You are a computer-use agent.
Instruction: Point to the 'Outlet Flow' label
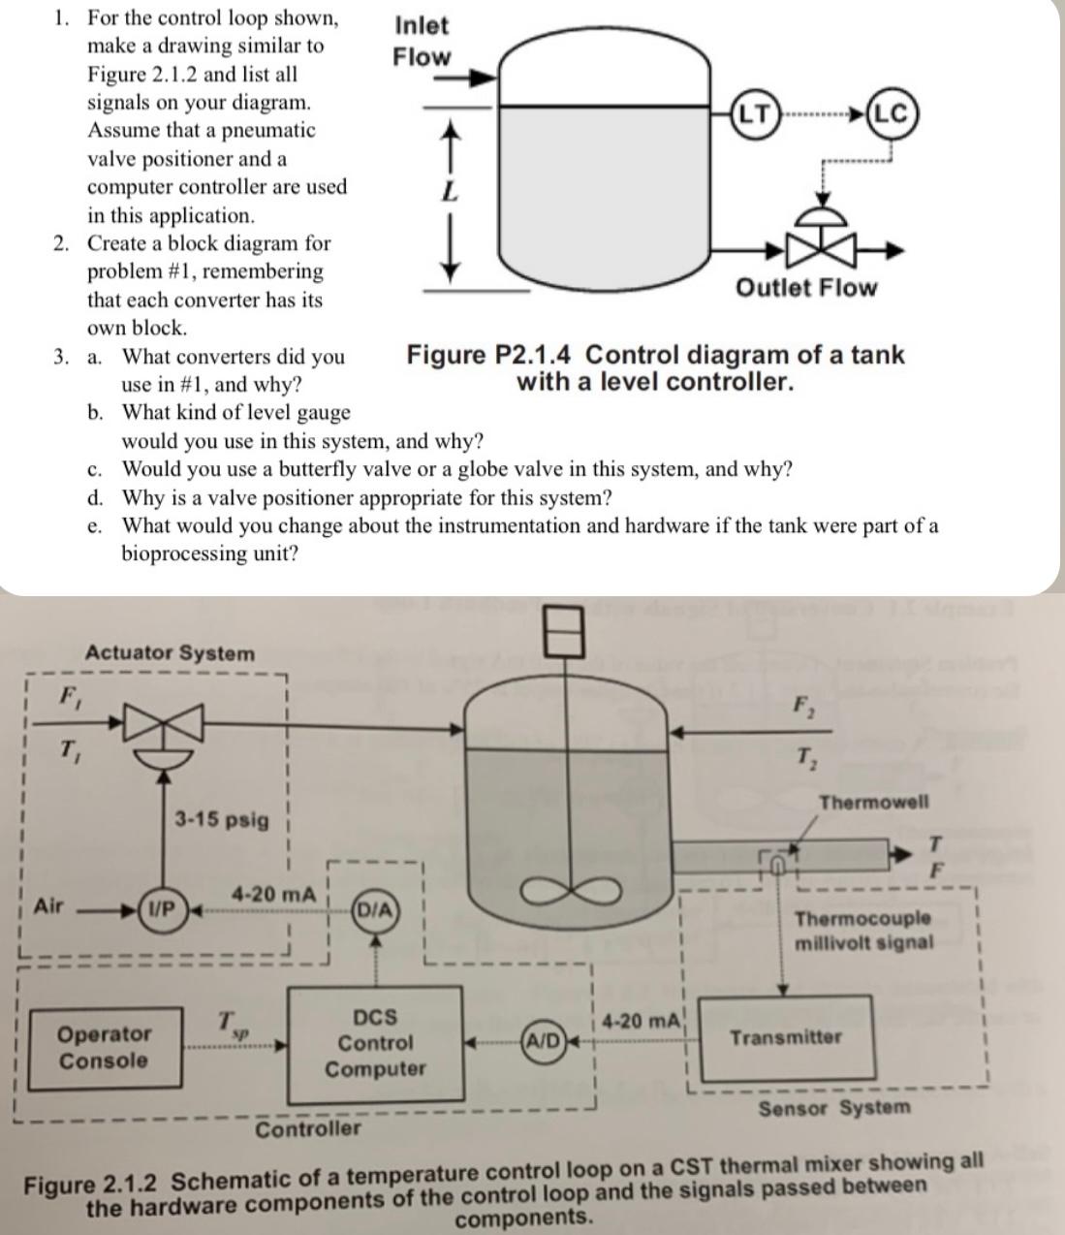coord(805,288)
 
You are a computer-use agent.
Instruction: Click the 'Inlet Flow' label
coord(422,42)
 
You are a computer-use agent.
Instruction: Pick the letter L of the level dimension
coord(448,192)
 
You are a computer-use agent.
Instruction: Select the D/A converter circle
coord(375,909)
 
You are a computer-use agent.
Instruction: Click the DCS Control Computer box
coord(375,1043)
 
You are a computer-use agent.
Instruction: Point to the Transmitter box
coord(786,1038)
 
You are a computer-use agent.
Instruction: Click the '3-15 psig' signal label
coord(221,819)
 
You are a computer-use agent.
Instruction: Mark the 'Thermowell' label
coord(873,802)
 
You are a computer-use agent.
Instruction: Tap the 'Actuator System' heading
coord(171,653)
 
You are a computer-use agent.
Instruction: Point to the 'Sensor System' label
coord(833,1108)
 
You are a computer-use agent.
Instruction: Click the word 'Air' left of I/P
coord(48,906)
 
